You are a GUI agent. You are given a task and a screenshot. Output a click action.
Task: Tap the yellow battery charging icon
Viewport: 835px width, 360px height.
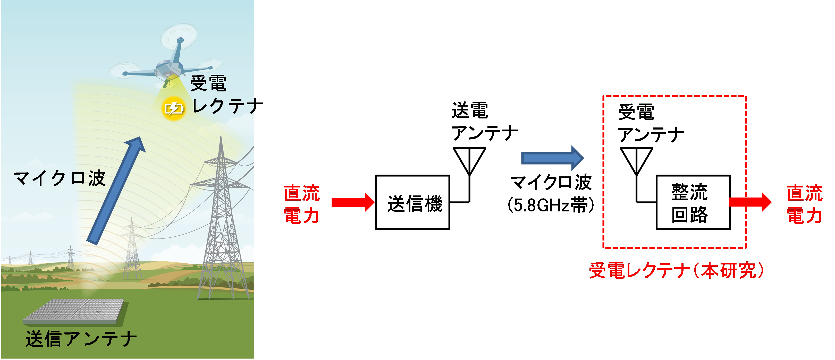tap(174, 109)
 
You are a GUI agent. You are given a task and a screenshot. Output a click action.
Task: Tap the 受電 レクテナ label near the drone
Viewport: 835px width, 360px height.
tap(226, 94)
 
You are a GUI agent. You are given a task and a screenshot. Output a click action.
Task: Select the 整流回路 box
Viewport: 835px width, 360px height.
tap(693, 202)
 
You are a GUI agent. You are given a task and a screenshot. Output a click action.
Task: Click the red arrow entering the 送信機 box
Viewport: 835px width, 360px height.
tap(353, 202)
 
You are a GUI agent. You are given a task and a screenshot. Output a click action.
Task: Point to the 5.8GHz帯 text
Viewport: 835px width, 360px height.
tap(551, 205)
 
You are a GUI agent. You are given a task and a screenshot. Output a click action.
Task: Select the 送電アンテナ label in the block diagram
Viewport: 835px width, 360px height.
tap(485, 122)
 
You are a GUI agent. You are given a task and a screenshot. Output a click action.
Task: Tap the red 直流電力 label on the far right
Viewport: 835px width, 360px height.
tap(805, 204)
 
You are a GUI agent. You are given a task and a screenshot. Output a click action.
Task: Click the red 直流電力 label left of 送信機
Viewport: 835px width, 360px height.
tap(302, 204)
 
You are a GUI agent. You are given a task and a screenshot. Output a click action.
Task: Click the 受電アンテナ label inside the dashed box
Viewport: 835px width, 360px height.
tap(651, 123)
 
